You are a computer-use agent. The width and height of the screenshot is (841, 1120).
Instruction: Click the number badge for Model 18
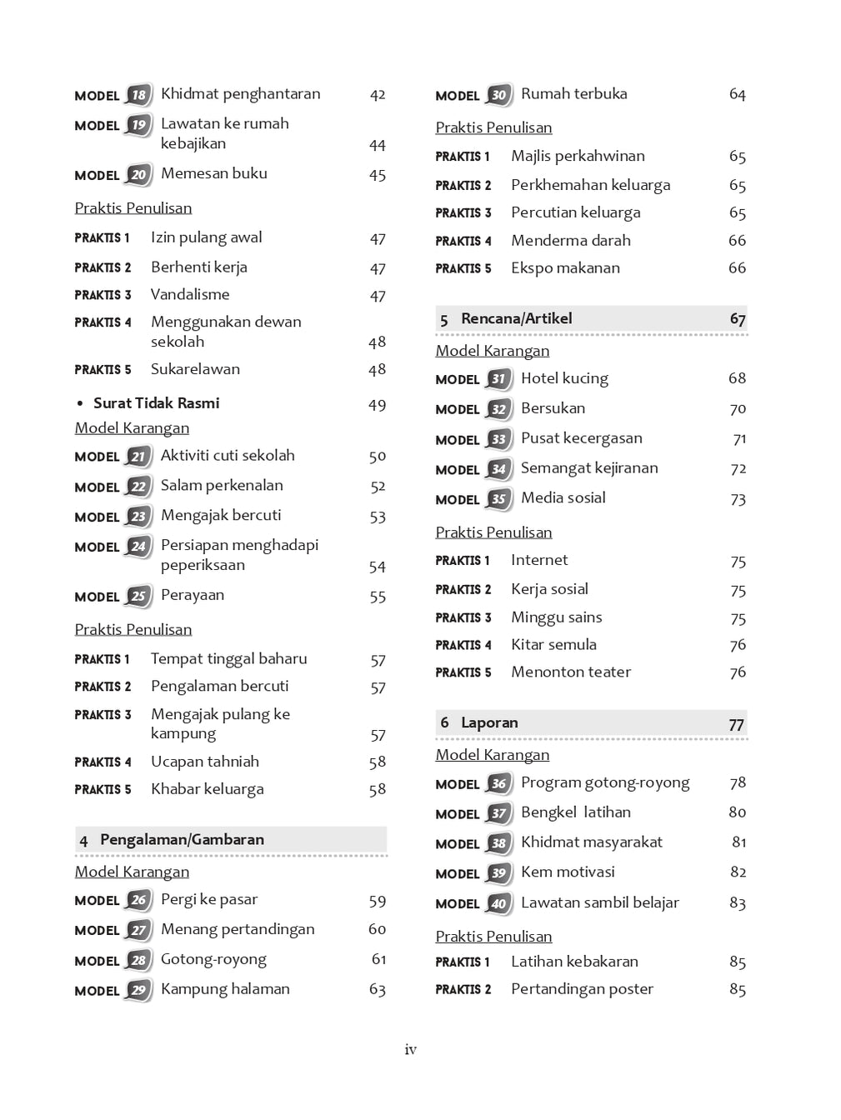[x=138, y=95]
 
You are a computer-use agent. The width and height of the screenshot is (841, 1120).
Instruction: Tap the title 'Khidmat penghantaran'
[x=240, y=94]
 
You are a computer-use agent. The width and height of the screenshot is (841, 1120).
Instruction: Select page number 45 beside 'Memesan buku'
[x=378, y=175]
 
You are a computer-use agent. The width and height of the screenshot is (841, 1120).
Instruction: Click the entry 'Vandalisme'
[x=190, y=294]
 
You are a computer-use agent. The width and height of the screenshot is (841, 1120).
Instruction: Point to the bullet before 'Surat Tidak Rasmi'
[x=80, y=404]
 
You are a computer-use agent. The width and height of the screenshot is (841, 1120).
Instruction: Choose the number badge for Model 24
[x=138, y=547]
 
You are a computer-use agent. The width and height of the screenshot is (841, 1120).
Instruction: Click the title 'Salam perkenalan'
[x=222, y=485]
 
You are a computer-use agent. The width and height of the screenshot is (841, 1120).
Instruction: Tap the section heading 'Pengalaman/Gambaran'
[x=182, y=839]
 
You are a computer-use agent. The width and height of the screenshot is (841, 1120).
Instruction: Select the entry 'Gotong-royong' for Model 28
[x=213, y=959]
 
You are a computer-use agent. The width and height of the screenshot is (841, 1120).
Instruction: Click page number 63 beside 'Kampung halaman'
[x=378, y=989]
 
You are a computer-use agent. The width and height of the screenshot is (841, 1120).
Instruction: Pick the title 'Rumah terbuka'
[x=573, y=94]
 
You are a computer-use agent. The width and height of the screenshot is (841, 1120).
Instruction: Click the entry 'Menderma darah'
[x=571, y=240]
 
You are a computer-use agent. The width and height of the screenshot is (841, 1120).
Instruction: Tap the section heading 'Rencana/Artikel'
[x=516, y=318]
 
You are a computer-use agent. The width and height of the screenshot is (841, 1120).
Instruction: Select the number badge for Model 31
[x=498, y=379]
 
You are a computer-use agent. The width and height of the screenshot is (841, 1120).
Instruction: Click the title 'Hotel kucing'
[x=564, y=378]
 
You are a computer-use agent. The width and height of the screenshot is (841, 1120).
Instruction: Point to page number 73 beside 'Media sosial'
[x=738, y=499]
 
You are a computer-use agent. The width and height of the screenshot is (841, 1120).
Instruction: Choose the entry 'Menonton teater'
[x=571, y=672]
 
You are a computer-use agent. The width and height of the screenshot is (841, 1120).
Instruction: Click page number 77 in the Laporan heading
[x=737, y=724]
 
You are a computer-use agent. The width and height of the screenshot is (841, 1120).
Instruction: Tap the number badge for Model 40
[x=498, y=903]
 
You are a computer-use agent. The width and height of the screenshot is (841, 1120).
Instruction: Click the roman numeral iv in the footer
[x=410, y=1050]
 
